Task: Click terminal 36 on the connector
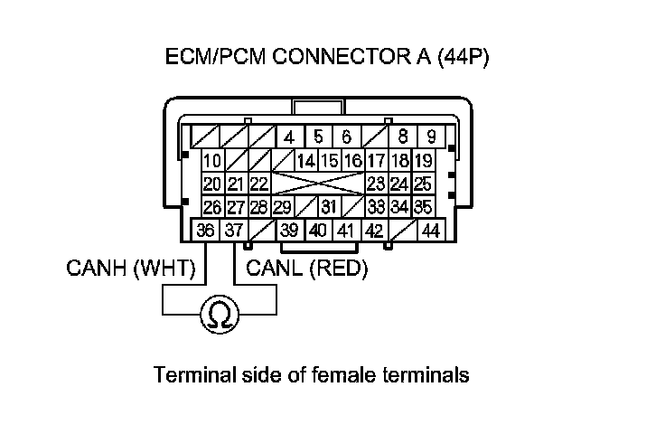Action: coord(206,231)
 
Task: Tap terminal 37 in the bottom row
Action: coord(233,231)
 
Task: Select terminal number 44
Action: coord(430,231)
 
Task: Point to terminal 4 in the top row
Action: coord(289,138)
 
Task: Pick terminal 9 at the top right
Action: coord(431,138)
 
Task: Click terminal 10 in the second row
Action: coord(212,162)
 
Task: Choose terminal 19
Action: coord(423,162)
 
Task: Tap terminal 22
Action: coord(259,184)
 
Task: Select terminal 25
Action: coord(423,184)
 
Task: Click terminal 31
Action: coord(330,207)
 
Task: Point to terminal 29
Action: coord(282,207)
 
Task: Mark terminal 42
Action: coord(373,231)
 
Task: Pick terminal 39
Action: coord(289,231)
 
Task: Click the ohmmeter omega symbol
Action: coord(218,314)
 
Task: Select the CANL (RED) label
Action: coord(307,269)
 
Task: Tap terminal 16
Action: coord(352,162)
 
